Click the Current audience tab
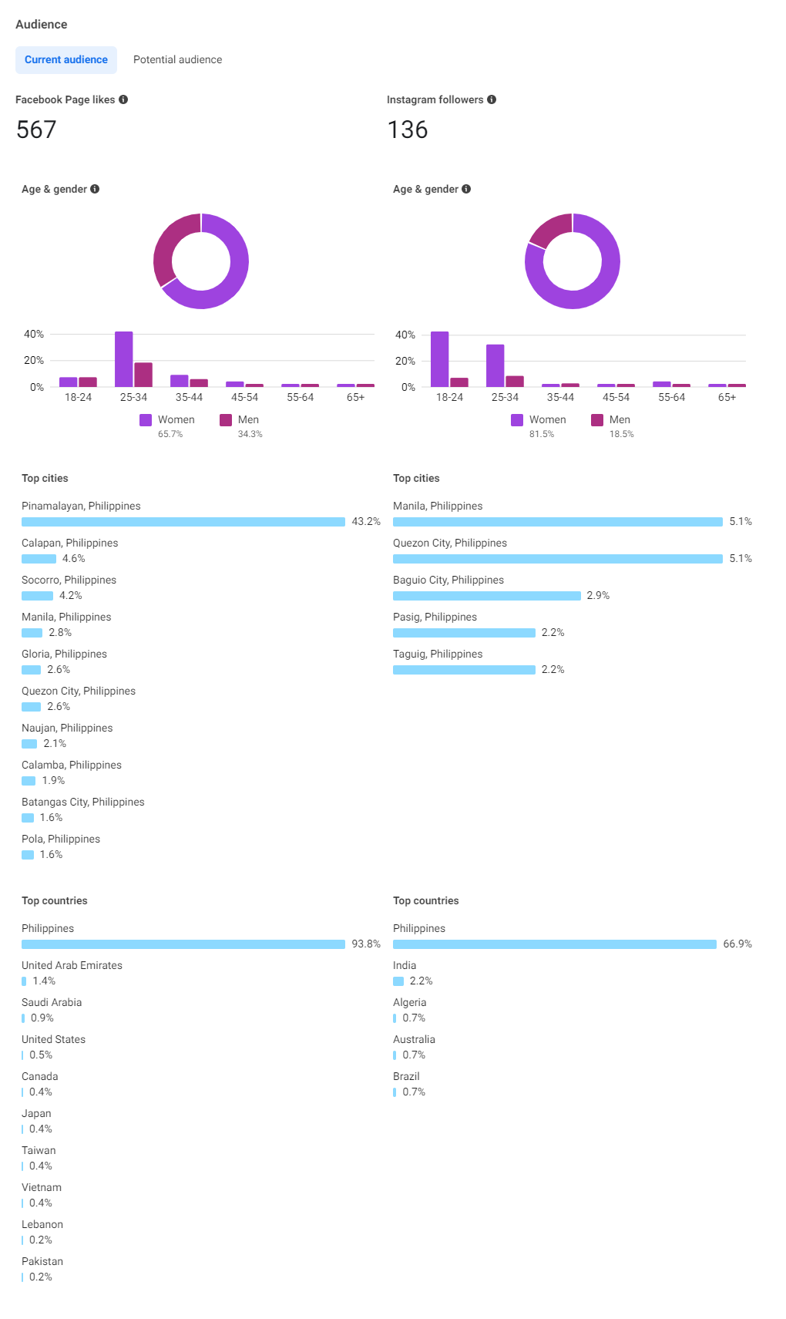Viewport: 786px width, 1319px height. point(66,60)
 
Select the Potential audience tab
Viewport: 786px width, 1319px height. point(177,60)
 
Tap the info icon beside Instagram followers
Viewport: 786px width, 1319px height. point(492,99)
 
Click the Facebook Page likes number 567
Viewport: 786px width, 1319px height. point(36,130)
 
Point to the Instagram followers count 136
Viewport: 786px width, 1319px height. point(408,130)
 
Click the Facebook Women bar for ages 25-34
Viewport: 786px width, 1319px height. point(123,359)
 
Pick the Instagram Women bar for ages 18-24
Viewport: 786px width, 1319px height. point(439,359)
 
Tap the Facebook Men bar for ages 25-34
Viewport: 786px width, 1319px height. point(143,375)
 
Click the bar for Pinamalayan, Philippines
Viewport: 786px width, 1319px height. point(183,522)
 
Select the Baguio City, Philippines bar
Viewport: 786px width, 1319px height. point(487,596)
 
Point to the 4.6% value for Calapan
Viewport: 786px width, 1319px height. point(74,559)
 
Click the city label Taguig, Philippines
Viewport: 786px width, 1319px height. point(438,654)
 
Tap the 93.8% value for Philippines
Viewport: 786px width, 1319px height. point(366,944)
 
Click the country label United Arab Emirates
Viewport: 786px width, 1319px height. point(72,965)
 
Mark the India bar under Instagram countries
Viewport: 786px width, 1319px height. point(398,981)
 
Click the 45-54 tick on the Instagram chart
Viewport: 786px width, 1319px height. point(616,398)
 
